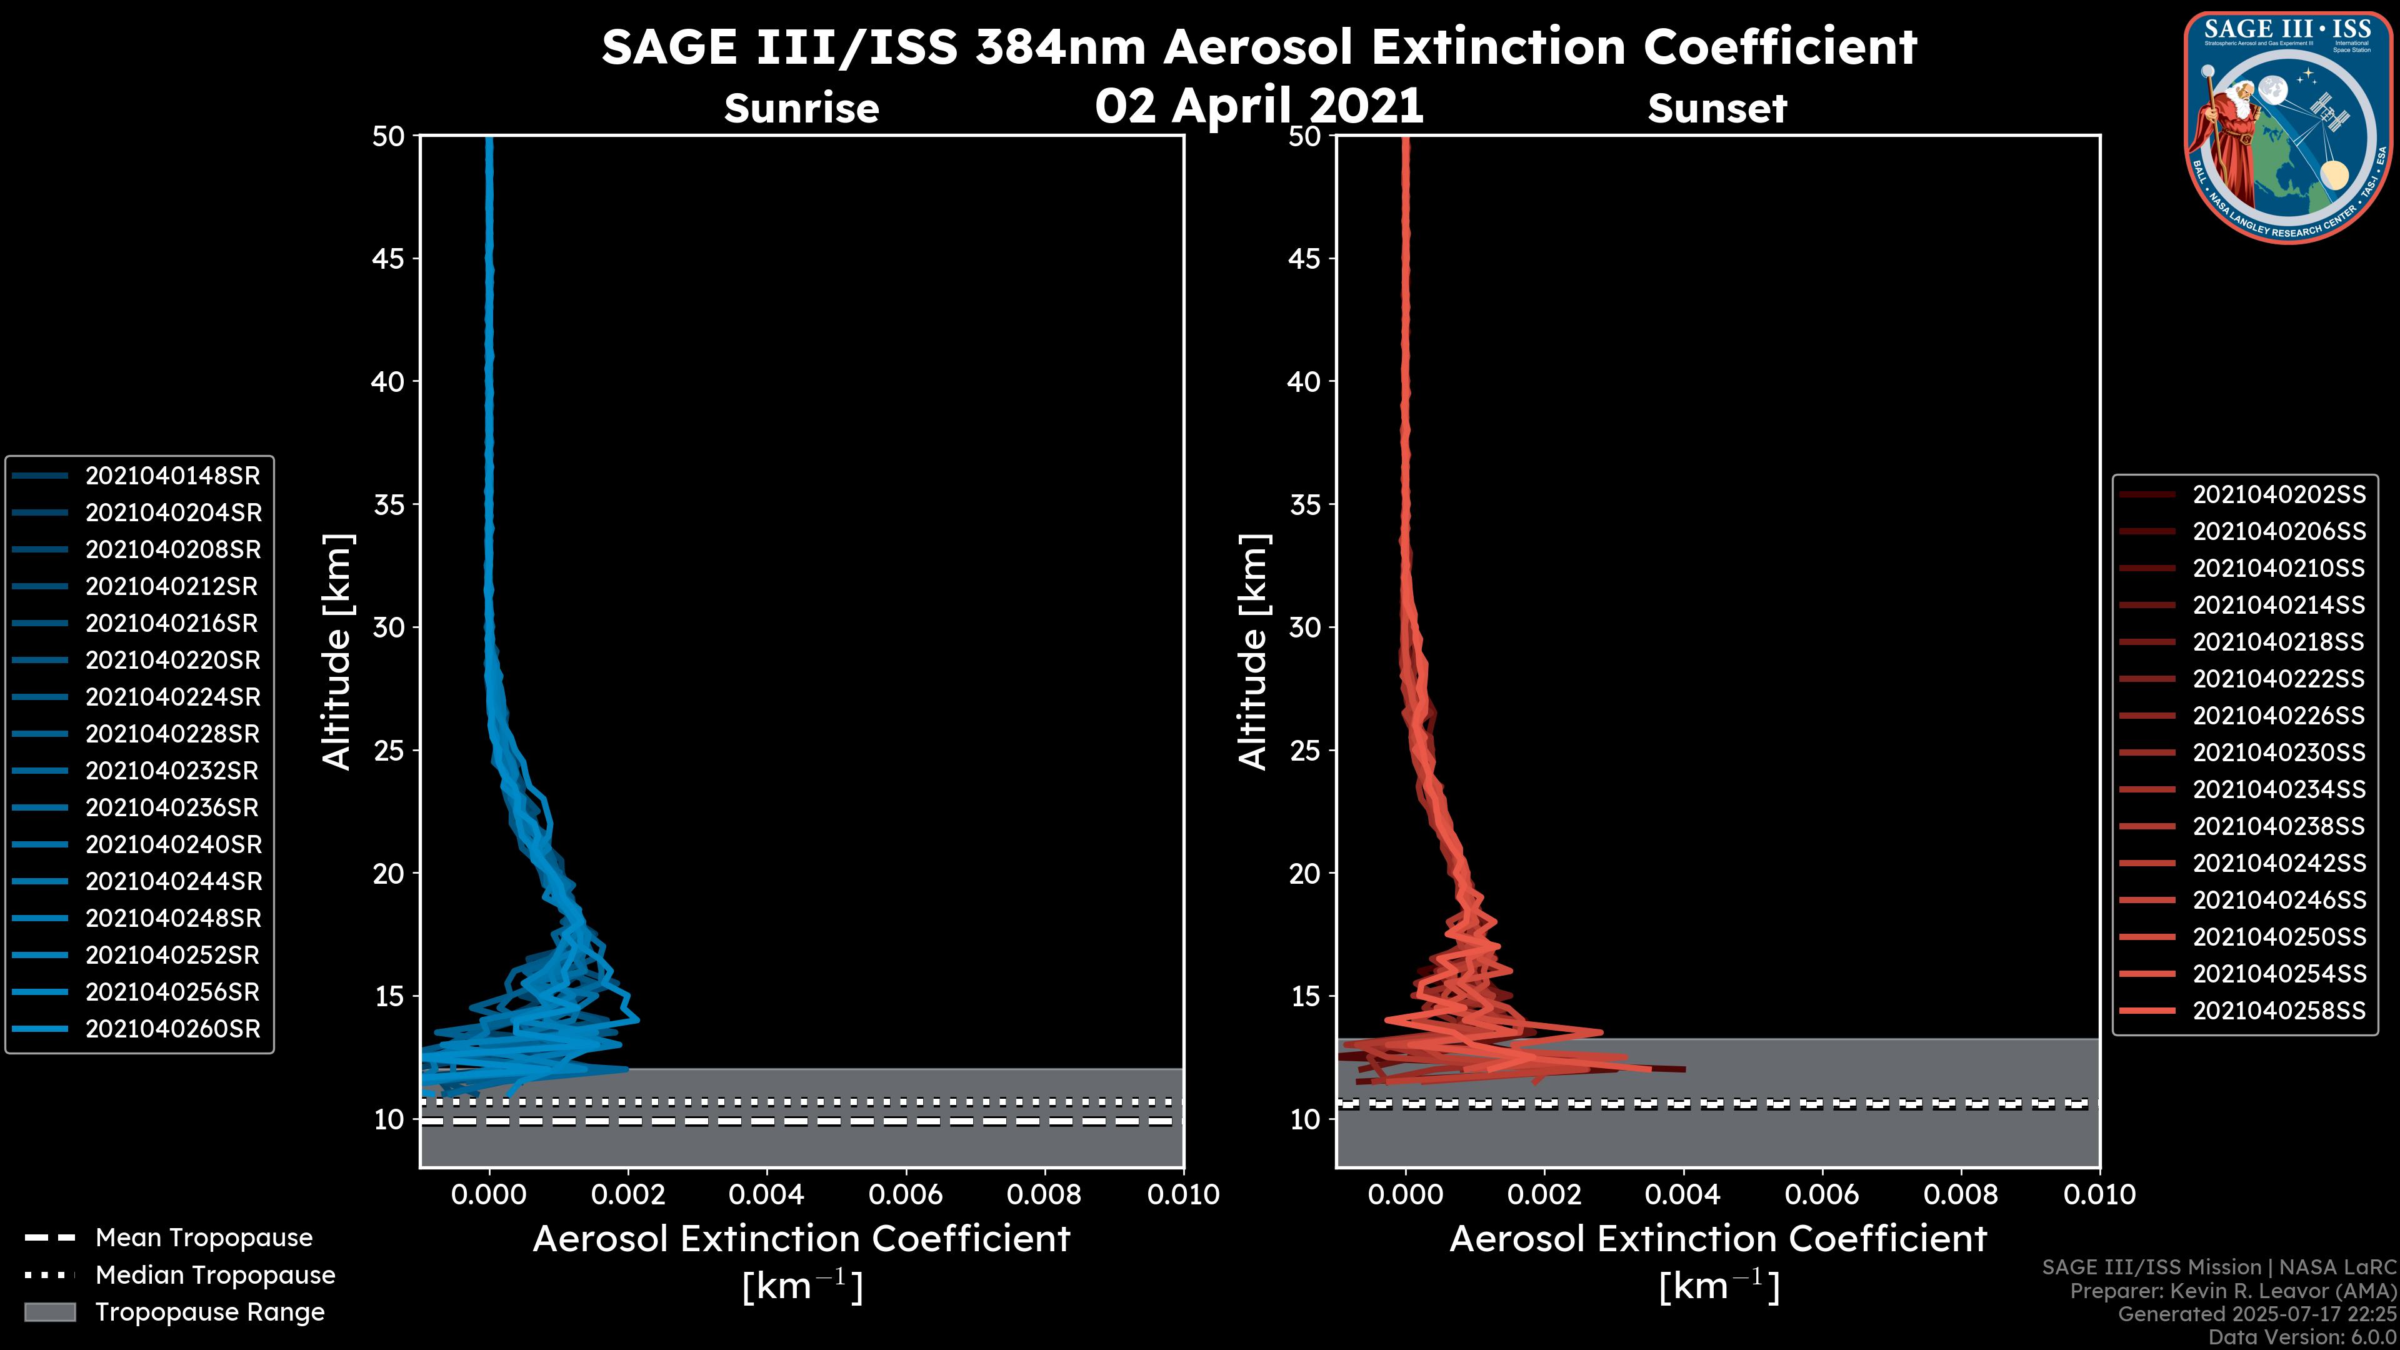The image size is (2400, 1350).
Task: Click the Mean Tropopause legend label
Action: (204, 1238)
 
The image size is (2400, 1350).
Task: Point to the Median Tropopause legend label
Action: (215, 1276)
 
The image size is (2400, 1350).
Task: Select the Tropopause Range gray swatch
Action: (50, 1312)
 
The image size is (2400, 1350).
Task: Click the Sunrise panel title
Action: (801, 109)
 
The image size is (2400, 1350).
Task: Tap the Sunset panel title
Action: (1717, 109)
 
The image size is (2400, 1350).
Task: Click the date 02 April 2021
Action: (1259, 105)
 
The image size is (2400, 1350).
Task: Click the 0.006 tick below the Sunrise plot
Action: (906, 1194)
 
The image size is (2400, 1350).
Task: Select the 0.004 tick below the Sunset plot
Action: (1682, 1194)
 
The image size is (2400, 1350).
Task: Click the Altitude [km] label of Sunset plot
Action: (1253, 652)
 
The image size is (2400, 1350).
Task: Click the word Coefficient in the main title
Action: (1779, 47)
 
